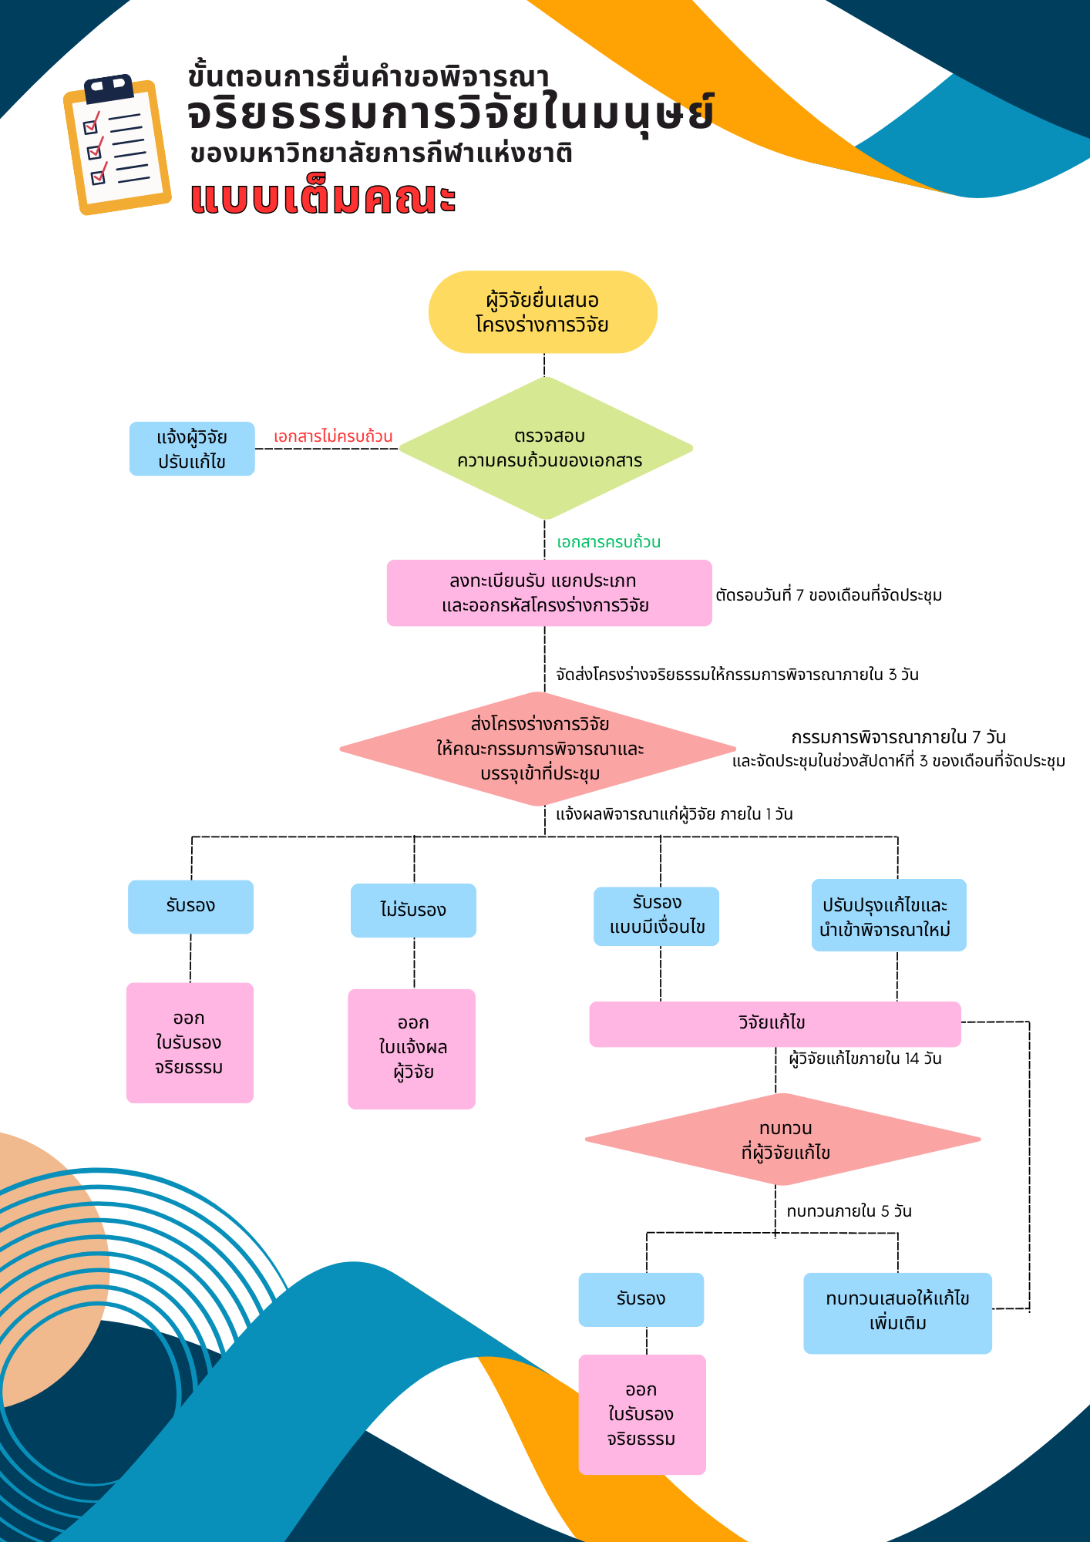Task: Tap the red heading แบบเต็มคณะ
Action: pyautogui.click(x=323, y=198)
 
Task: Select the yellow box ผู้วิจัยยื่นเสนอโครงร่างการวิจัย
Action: pyautogui.click(x=543, y=312)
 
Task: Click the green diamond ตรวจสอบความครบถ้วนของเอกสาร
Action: pyautogui.click(x=547, y=448)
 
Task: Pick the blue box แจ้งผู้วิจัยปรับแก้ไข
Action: pyautogui.click(x=192, y=449)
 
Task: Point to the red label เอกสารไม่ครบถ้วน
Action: pyautogui.click(x=333, y=436)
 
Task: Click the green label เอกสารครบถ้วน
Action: pyautogui.click(x=608, y=542)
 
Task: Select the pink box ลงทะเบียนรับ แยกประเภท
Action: pyautogui.click(x=549, y=593)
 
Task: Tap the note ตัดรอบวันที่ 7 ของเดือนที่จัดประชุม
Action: pyautogui.click(x=829, y=595)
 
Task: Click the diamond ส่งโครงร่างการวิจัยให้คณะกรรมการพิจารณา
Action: pyautogui.click(x=539, y=749)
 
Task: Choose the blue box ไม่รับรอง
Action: pyautogui.click(x=413, y=911)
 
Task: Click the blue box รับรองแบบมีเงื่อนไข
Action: pyautogui.click(x=656, y=916)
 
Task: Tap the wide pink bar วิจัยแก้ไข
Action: pyautogui.click(x=774, y=1024)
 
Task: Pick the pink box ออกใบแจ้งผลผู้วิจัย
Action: pyautogui.click(x=412, y=1049)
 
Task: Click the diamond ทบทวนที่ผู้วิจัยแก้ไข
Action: pyautogui.click(x=783, y=1140)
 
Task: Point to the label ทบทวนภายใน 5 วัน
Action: pyautogui.click(x=849, y=1211)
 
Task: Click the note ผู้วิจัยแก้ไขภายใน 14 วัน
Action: pyautogui.click(x=865, y=1059)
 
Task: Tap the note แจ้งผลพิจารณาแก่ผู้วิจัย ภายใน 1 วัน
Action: pyautogui.click(x=675, y=814)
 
